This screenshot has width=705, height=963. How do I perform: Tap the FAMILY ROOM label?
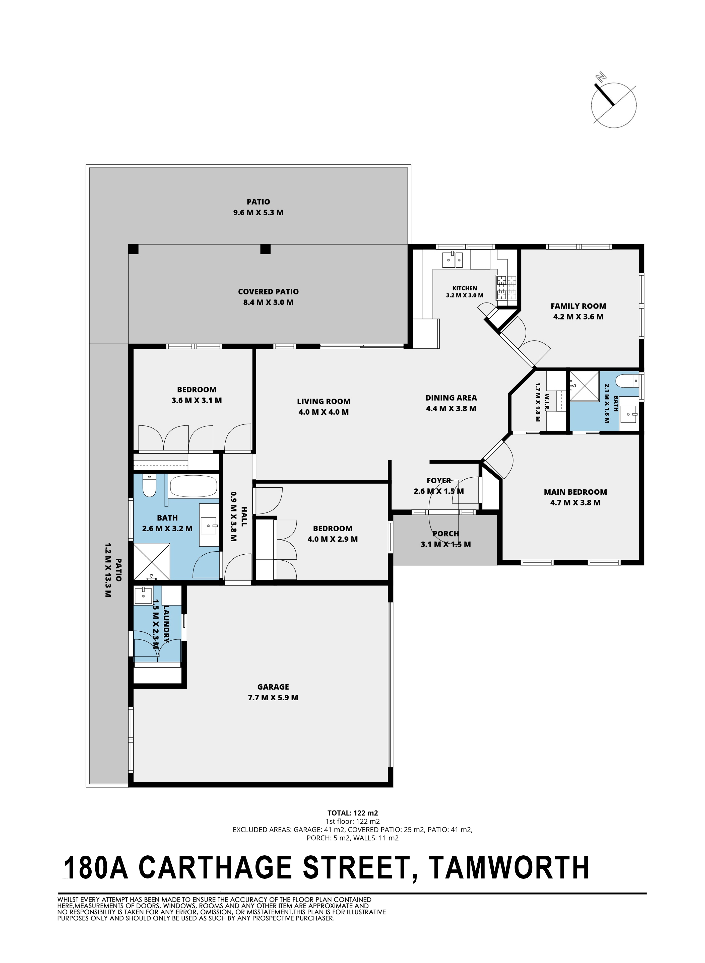[578, 306]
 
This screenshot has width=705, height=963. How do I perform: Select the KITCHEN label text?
[465, 288]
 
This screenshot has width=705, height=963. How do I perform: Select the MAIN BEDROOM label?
[575, 492]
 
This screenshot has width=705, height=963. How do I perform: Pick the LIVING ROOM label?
[324, 401]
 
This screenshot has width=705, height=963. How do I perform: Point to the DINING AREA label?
[451, 398]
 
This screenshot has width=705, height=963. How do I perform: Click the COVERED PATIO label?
[269, 292]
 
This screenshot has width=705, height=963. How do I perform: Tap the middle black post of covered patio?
[266, 249]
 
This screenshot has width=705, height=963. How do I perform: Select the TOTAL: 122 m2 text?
[352, 813]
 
